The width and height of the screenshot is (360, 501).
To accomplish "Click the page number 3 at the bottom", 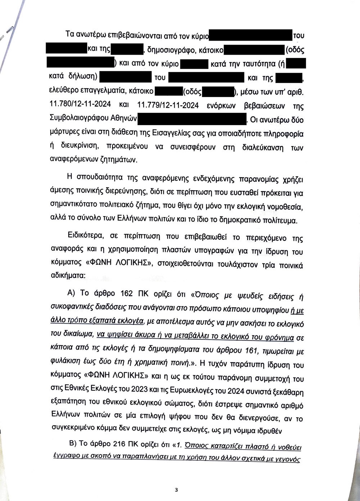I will pos(176,489).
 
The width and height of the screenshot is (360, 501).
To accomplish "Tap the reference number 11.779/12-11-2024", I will pos(168,105).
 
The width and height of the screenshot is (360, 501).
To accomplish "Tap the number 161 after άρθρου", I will pos(251,350).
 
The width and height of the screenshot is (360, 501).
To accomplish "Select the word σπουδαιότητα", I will pos(96,177).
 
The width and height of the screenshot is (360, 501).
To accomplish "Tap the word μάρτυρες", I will pos(64,133).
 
